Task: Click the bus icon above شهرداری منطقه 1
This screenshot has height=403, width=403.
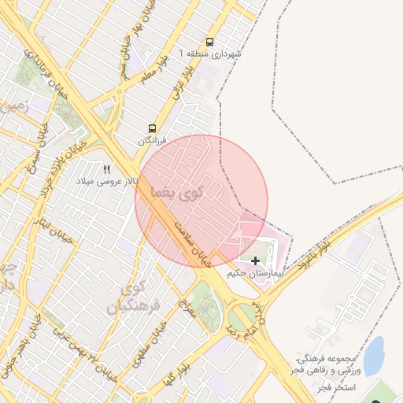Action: (x=209, y=42)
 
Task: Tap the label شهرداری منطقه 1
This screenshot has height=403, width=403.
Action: (x=210, y=54)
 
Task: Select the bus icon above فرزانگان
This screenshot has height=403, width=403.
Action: (x=151, y=128)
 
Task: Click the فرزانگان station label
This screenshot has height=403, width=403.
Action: (x=153, y=140)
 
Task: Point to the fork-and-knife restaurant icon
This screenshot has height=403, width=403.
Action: (x=108, y=169)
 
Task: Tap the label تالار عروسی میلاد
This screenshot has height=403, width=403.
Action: (x=106, y=181)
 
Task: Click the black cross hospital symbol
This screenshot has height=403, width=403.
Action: (x=255, y=261)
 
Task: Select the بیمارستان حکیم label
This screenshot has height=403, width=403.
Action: (x=253, y=273)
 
